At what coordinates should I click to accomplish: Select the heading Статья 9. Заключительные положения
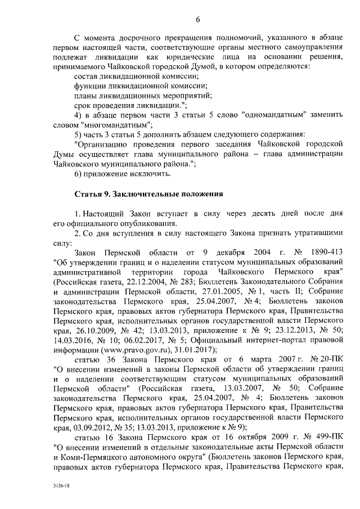pyautogui.click(x=149, y=194)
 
